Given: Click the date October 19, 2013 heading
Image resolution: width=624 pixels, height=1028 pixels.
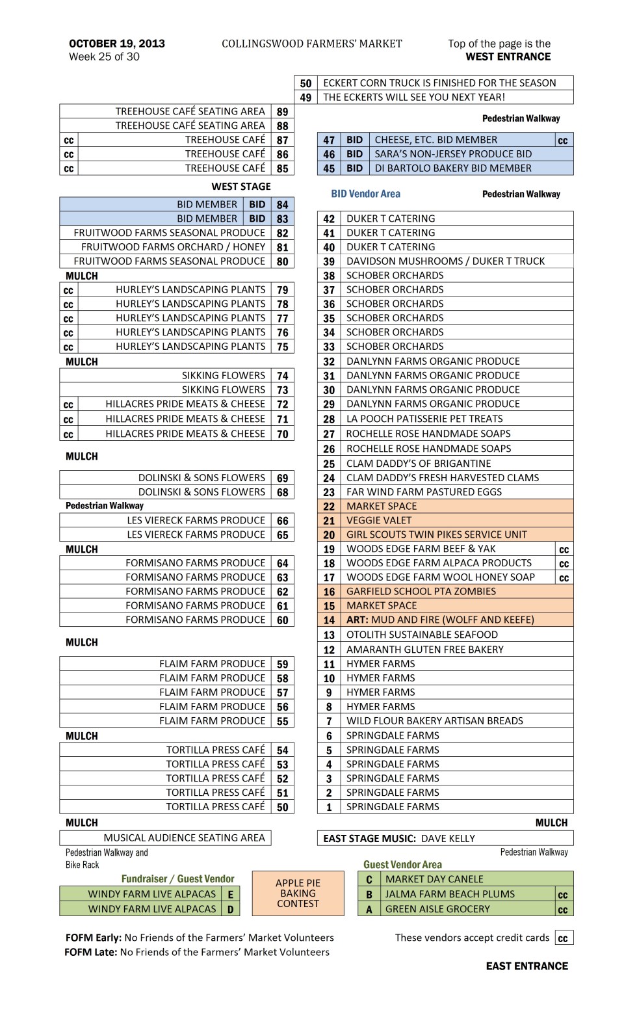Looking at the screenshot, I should (x=117, y=44).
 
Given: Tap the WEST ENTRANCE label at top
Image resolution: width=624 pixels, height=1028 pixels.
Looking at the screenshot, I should (x=508, y=57).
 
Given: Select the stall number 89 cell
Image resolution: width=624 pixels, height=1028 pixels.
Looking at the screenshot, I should (x=282, y=112).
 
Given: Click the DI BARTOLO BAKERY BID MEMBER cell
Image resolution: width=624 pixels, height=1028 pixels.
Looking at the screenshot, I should (x=453, y=168).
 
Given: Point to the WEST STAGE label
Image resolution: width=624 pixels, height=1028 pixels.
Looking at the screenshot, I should (x=241, y=187).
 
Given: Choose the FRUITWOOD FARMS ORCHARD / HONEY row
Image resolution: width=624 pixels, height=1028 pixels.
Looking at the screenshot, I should (x=173, y=247).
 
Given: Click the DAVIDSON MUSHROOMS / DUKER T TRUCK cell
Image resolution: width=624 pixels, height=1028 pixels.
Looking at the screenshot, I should (x=445, y=261).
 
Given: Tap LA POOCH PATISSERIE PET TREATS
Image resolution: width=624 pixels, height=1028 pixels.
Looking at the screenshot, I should (x=424, y=419).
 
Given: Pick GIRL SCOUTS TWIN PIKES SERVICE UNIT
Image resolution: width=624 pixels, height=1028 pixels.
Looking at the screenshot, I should (x=436, y=534).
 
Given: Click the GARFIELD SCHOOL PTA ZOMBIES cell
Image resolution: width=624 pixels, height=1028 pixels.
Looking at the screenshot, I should (x=421, y=591).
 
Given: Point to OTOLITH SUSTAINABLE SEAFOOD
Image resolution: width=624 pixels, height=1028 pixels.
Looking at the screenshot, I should (x=422, y=635).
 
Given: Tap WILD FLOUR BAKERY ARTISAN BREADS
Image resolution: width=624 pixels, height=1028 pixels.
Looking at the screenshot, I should (x=434, y=720).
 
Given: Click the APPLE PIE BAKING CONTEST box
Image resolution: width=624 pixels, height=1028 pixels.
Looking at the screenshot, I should (x=298, y=893).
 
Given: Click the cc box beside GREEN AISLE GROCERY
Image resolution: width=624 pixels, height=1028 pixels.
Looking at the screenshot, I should (x=563, y=910).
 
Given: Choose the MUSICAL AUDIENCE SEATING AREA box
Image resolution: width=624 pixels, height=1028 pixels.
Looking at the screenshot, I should (x=165, y=838).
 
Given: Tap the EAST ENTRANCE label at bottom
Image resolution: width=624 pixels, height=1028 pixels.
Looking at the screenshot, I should (x=526, y=966).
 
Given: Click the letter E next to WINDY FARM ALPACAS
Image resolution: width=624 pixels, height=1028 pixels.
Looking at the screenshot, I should (x=230, y=895).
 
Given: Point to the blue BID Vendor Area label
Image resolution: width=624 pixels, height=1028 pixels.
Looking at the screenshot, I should (x=365, y=194).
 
